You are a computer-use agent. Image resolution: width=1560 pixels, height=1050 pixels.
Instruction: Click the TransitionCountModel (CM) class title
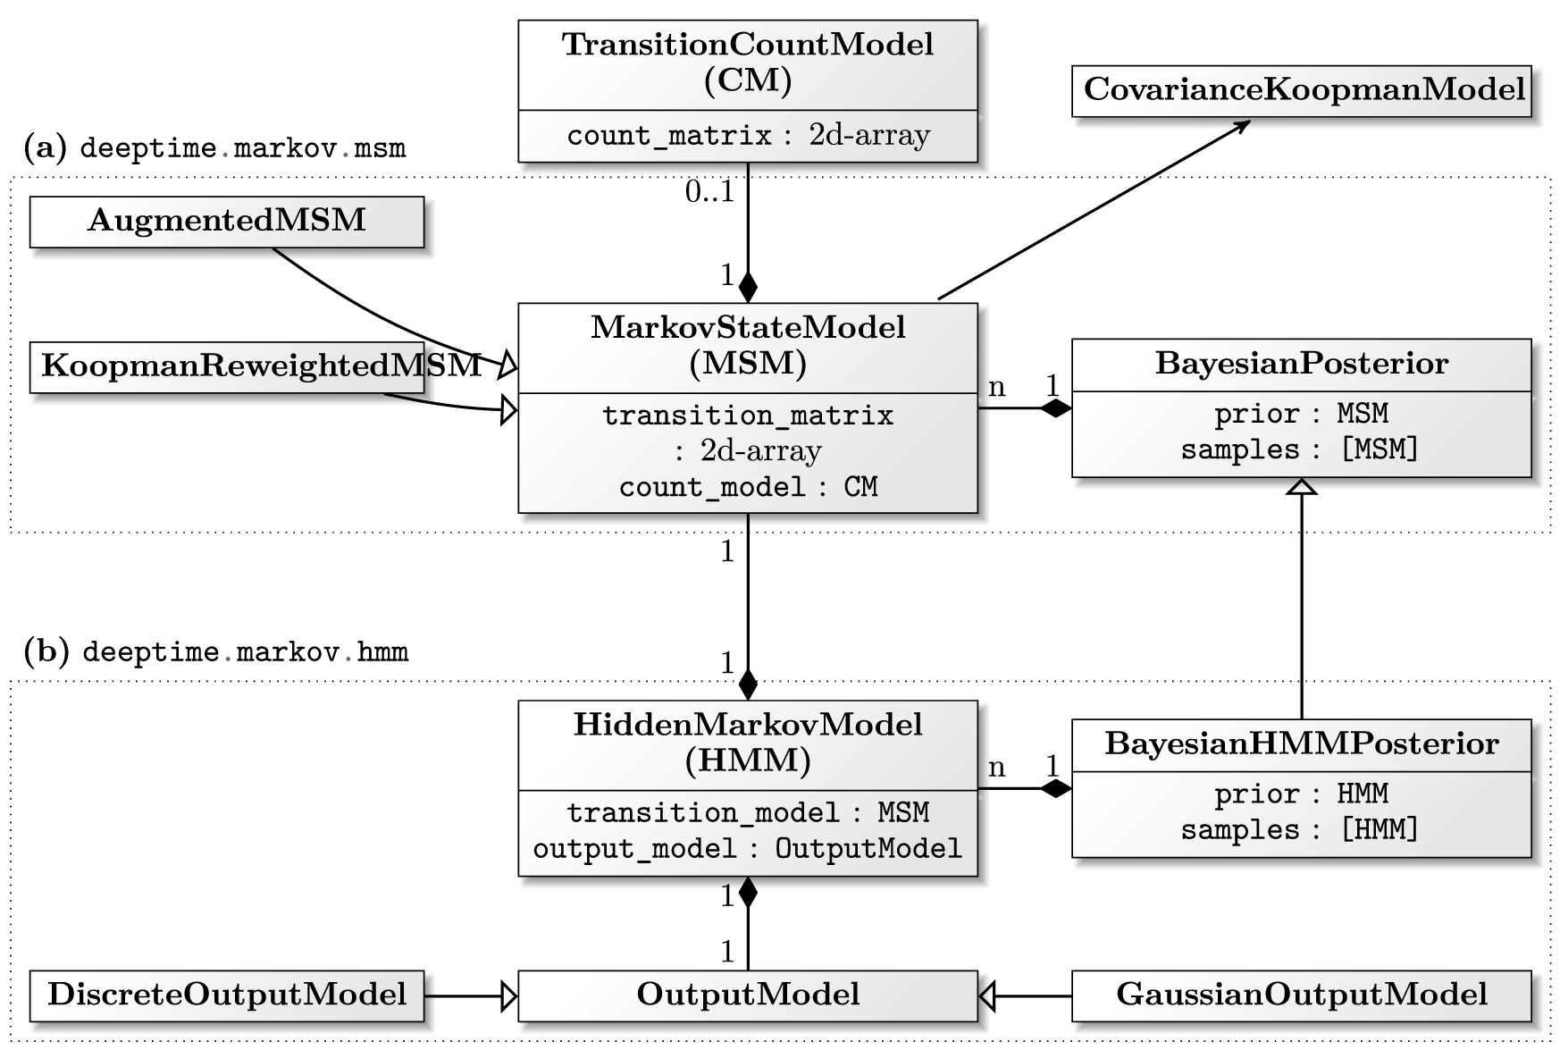coord(748,62)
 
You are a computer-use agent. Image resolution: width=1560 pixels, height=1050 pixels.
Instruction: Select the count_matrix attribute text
coord(748,135)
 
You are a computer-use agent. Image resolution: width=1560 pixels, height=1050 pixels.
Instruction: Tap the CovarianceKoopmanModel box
coord(1302,89)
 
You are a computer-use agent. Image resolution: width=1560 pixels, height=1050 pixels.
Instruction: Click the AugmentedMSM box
coord(226,221)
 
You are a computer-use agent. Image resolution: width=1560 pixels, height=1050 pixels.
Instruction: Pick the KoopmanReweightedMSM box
coord(226,366)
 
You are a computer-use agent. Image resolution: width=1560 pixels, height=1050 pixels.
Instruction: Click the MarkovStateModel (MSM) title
coord(748,345)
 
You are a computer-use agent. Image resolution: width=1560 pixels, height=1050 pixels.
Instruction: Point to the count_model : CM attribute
coord(748,487)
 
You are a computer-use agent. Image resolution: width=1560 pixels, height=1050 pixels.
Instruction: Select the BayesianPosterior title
coord(1301,364)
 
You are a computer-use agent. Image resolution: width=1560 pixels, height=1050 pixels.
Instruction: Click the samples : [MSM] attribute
coord(1300,449)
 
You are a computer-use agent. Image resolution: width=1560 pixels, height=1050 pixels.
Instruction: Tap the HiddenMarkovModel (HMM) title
coord(748,742)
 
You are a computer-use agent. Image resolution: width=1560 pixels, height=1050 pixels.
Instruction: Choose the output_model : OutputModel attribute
coord(748,848)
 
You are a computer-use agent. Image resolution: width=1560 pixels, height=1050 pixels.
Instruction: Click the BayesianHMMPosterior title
coord(1301,743)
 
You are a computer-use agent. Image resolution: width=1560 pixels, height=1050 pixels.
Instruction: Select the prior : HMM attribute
coord(1300,794)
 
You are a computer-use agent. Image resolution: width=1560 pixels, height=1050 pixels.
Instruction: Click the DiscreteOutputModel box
coord(226,995)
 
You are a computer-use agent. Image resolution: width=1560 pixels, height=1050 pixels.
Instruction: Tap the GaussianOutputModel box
coord(1301,995)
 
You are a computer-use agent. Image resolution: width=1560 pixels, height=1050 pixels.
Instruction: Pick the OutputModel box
coord(748,995)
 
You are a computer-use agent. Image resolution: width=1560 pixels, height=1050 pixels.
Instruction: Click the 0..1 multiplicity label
coord(709,191)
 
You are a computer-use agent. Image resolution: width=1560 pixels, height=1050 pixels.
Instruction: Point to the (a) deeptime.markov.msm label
coord(215,147)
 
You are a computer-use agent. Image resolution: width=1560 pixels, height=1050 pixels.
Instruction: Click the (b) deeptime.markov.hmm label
coord(215,651)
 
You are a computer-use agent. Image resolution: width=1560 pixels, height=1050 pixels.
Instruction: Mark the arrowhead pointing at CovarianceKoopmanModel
coord(1242,126)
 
